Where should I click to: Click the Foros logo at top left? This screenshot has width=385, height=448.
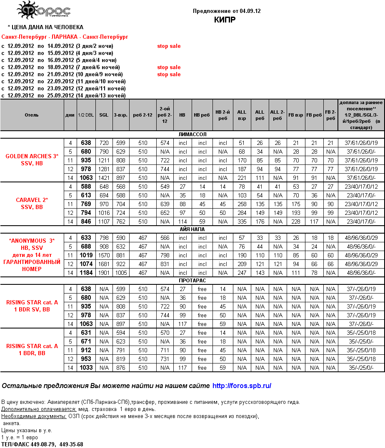[x=43, y=10]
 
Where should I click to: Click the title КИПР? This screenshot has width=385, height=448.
[x=225, y=20]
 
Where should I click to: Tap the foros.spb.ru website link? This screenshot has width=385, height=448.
[x=242, y=386]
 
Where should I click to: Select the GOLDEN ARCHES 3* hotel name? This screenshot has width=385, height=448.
[x=32, y=156]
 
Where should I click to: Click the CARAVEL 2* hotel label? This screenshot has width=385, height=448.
[x=32, y=200]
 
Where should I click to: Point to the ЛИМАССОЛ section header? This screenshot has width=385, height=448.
[x=192, y=134]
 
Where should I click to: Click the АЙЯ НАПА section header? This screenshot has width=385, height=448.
[x=192, y=229]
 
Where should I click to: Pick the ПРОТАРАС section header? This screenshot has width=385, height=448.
[x=192, y=281]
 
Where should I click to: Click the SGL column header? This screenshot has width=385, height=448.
[x=104, y=115]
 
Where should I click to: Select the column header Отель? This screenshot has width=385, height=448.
[x=32, y=115]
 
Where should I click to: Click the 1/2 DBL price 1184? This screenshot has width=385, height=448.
[x=86, y=273]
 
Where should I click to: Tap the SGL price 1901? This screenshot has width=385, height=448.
[x=104, y=273]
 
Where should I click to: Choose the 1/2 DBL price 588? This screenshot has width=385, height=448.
[x=86, y=187]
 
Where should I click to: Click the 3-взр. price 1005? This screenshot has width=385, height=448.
[x=121, y=273]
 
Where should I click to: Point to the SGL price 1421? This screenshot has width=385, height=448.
[x=104, y=178]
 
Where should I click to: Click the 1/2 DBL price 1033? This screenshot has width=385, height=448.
[x=86, y=368]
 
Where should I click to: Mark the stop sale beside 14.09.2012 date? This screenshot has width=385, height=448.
[x=169, y=46]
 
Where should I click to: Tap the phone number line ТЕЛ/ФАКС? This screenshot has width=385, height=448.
[x=42, y=444]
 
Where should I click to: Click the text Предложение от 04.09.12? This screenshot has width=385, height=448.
[x=227, y=11]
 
